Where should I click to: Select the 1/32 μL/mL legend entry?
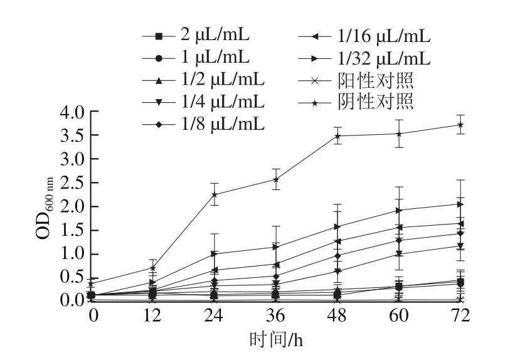363,59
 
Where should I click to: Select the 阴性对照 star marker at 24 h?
215,194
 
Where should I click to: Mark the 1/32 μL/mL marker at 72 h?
461,204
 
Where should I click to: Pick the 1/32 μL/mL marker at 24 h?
215,254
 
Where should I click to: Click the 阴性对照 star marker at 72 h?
461,125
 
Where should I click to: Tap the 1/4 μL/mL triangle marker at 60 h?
400,253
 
